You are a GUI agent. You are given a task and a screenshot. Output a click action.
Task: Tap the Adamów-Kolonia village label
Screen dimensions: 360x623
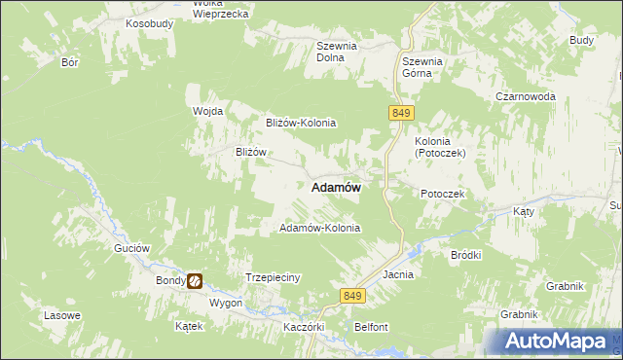tap(320, 228)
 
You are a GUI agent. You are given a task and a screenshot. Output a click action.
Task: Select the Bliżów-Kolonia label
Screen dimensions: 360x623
tap(301, 123)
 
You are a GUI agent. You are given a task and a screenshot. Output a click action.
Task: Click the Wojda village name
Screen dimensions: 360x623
tap(208, 111)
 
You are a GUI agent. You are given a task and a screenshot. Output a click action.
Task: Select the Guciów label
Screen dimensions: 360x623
tap(131, 248)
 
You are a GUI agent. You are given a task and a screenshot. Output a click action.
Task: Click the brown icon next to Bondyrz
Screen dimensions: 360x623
tap(196, 281)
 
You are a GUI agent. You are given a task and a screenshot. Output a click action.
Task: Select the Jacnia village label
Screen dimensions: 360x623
tap(398, 274)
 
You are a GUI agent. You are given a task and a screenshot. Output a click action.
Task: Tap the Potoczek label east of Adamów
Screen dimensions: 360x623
tap(443, 194)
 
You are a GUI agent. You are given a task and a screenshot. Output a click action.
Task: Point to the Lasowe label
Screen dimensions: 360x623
tap(62, 316)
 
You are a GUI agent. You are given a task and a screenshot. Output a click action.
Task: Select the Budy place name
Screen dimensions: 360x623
tap(582, 40)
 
